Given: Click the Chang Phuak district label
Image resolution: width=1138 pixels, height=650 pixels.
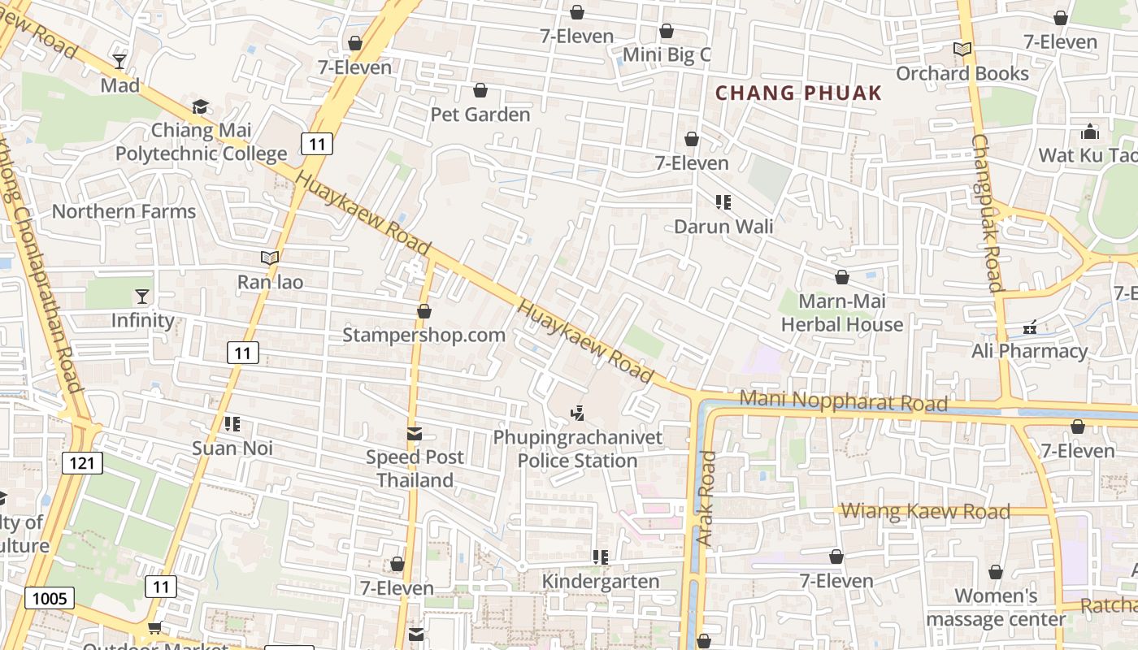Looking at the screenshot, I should point(798,93).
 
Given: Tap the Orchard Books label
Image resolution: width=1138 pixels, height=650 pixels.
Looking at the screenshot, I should point(962,73).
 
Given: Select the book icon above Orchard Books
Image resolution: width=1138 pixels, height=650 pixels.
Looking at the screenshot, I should point(962,50).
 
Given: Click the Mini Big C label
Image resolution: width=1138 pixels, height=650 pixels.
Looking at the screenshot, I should point(667,54).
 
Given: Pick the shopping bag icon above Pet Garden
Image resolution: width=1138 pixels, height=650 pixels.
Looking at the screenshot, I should point(480,90).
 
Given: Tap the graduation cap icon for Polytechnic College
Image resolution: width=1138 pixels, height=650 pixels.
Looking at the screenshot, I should point(200,106).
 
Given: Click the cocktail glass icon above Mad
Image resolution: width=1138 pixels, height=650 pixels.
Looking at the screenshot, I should point(119,62).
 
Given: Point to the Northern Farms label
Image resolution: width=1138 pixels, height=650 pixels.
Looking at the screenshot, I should point(124,211).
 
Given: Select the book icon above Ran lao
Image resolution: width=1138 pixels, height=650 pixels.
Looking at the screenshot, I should point(270,258).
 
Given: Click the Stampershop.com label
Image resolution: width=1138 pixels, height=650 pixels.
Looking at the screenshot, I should point(423,335).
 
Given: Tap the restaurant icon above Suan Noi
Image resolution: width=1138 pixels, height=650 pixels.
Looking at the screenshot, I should point(232,424).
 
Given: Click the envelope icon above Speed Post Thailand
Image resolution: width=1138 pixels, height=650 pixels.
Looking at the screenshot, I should point(415,434).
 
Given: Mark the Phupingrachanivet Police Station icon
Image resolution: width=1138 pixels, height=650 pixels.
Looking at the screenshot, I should point(578,414).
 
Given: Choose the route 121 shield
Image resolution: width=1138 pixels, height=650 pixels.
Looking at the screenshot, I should point(81,463).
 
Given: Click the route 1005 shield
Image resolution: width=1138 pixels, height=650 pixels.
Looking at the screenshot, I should point(49,599).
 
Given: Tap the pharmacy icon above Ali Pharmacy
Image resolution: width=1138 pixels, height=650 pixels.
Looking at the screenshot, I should point(1030,328).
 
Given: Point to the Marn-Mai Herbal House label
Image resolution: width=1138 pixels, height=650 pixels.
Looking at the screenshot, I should point(841,313).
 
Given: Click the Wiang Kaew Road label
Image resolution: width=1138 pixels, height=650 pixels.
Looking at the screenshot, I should point(925,512).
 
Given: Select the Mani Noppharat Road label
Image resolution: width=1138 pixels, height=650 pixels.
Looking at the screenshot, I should point(844,401).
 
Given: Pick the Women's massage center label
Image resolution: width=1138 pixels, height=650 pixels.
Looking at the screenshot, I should point(996,608).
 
